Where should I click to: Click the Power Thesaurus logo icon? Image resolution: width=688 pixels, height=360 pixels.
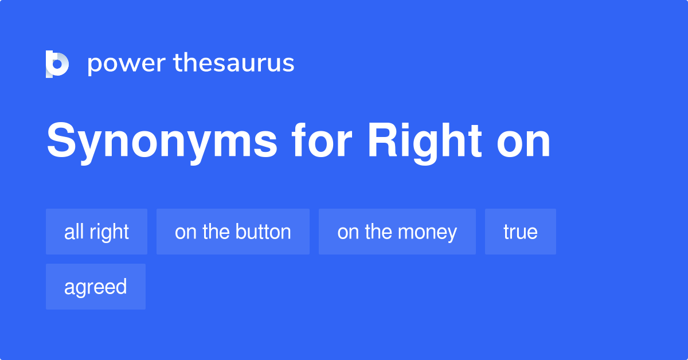click(x=57, y=64)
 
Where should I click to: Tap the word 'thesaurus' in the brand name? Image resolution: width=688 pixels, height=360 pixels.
click(x=234, y=63)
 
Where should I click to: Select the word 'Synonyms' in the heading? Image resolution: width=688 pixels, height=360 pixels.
click(x=162, y=142)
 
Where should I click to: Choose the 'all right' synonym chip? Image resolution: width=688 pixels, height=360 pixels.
click(x=96, y=232)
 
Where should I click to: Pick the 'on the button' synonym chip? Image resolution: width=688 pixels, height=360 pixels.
click(x=233, y=232)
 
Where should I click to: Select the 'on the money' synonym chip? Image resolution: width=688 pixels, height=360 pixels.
click(x=397, y=232)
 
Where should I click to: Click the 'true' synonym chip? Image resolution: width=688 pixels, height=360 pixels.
click(x=520, y=232)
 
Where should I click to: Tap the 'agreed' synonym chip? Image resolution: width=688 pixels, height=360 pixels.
click(x=95, y=287)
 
